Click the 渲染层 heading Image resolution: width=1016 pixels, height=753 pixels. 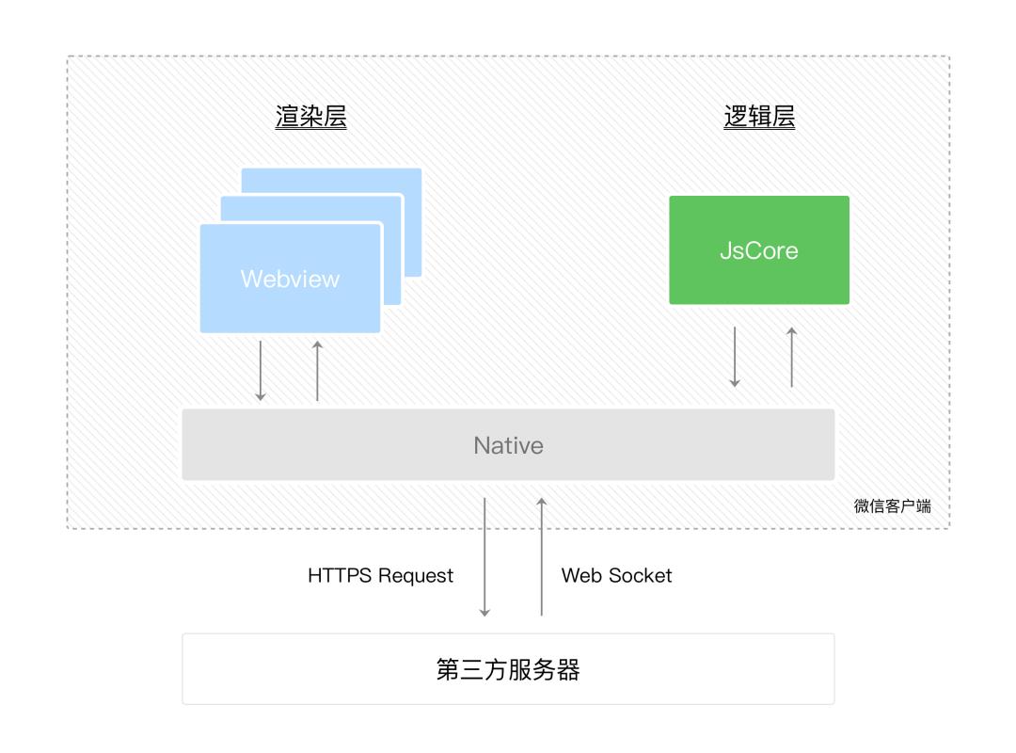tap(310, 117)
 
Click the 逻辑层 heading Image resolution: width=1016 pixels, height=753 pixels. tap(759, 117)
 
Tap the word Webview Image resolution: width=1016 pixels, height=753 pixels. tap(290, 280)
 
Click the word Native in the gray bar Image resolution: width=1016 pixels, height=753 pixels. tap(508, 445)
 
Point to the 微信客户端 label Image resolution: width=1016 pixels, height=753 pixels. tap(892, 506)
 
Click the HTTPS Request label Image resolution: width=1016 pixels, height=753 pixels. tap(380, 575)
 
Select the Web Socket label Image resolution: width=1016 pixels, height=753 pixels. tap(617, 575)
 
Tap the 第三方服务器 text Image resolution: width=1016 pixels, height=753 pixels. tap(508, 669)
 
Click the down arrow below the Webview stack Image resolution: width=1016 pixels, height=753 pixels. tap(261, 371)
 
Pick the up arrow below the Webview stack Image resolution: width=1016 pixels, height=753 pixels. tap(317, 371)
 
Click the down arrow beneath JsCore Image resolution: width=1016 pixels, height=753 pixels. tap(735, 357)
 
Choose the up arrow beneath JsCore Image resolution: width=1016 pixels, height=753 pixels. tap(791, 357)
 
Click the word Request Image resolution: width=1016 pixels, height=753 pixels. tap(416, 575)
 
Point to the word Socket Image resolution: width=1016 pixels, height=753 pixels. tap(643, 575)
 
